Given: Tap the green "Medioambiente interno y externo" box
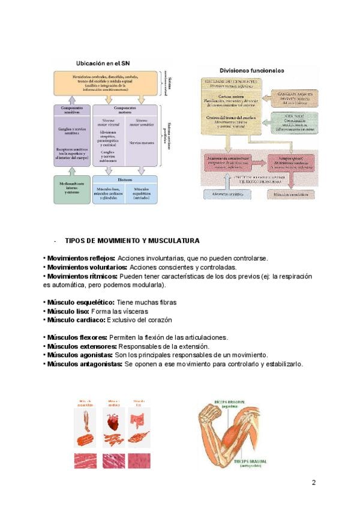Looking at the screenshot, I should [x=71, y=188].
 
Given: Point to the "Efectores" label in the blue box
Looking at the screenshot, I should [x=125, y=179].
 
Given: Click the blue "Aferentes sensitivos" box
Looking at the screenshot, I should [x=227, y=194].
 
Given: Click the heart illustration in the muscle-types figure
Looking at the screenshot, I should [x=110, y=423].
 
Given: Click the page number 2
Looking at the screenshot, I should [x=313, y=483].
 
